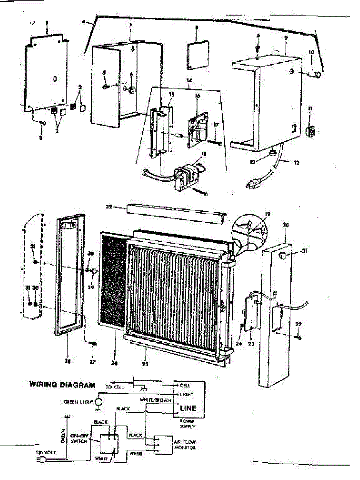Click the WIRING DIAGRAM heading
click(62, 385)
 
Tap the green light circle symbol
click(98, 402)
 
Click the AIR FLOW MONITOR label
click(184, 445)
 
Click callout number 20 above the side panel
click(286, 225)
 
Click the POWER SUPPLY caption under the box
click(188, 424)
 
